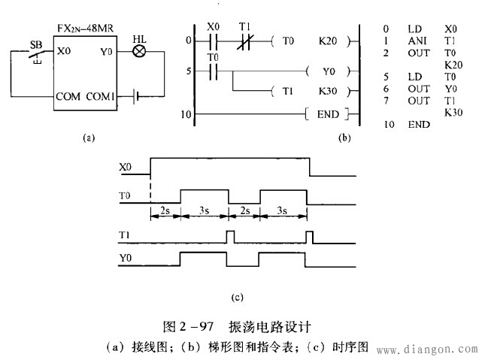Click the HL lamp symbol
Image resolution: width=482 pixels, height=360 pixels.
pyautogui.click(x=139, y=52)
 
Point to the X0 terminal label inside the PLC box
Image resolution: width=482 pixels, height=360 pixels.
pyautogui.click(x=65, y=53)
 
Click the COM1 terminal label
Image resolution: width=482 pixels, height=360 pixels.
pyautogui.click(x=101, y=96)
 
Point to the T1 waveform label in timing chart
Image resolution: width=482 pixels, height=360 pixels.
pyautogui.click(x=126, y=235)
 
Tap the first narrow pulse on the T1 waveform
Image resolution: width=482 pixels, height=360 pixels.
pyautogui.click(x=232, y=238)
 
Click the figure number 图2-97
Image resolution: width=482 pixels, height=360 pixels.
pyautogui.click(x=189, y=327)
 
